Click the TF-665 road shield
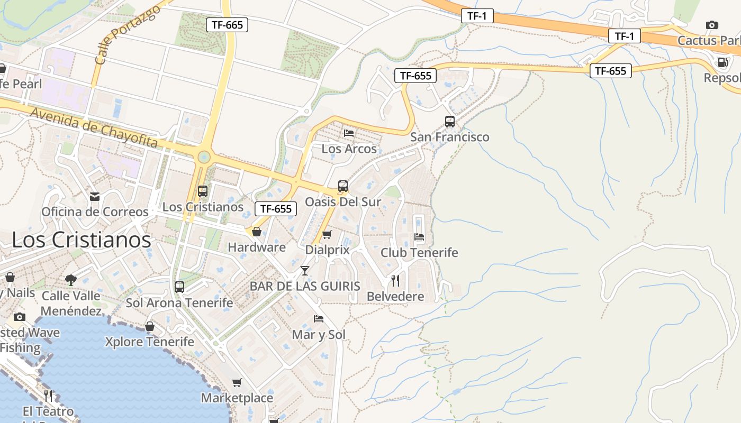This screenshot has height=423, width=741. tap(227, 24)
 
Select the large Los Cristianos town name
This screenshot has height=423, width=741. tap(82, 240)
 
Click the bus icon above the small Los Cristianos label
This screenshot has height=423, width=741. tap(203, 191)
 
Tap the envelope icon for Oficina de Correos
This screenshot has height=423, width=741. tap(95, 197)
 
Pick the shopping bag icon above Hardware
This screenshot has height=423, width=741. tap(257, 232)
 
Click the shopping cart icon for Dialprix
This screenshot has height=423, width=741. tap(327, 234)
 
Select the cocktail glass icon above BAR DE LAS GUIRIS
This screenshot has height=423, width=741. tap(305, 271)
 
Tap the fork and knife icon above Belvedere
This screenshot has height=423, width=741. tap(395, 280)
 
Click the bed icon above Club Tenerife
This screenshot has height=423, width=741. tap(419, 237)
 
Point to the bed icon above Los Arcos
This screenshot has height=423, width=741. tap(349, 133)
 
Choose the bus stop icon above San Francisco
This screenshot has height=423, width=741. tap(450, 122)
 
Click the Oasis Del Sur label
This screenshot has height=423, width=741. tap(343, 201)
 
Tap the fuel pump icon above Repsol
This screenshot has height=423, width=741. tap(722, 62)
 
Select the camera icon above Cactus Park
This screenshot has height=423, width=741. tap(712, 25)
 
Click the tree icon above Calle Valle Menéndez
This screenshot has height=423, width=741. tap(70, 280)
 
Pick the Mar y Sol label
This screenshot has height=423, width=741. tap(319, 335)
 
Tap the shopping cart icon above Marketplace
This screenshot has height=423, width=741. tap(237, 382)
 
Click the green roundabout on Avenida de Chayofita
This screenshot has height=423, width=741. tap(204, 157)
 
